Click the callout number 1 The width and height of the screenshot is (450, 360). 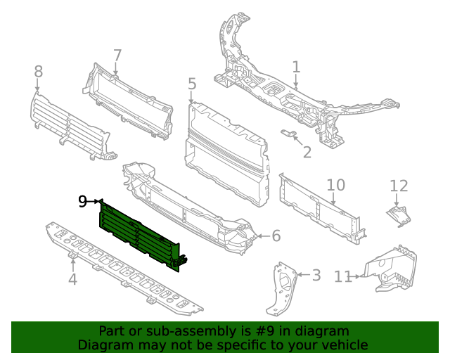[x=296, y=67]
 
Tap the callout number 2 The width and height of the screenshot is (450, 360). [x=307, y=152]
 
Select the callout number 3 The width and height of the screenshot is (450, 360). [x=316, y=275]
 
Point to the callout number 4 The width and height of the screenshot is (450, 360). [x=72, y=281]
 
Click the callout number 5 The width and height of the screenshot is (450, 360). [x=192, y=85]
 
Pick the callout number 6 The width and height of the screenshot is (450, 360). [x=276, y=236]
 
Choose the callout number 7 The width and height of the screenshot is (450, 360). [x=117, y=55]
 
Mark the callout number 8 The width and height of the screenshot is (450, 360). [x=38, y=71]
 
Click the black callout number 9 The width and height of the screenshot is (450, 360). [x=83, y=202]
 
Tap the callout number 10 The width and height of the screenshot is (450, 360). [x=336, y=185]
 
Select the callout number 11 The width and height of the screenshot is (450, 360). [x=342, y=277]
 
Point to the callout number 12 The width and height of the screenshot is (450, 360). [x=399, y=186]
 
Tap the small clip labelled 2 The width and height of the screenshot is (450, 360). [x=288, y=133]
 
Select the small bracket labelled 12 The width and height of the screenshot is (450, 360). [x=399, y=215]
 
